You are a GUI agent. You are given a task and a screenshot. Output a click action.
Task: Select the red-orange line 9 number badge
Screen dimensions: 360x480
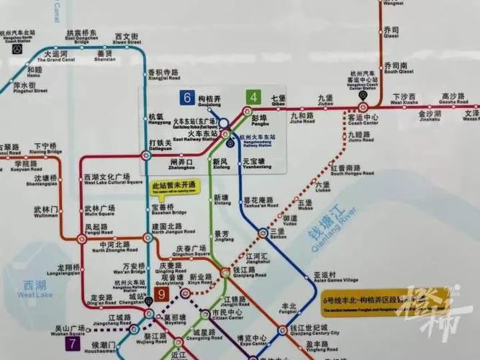[x=163, y=295]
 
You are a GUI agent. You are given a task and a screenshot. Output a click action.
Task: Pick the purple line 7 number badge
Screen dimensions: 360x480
[x=73, y=344]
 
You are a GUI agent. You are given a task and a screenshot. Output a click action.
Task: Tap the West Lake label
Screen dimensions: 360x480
[x=35, y=289]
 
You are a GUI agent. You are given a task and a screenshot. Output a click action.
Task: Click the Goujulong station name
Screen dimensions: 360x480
[x=209, y=102]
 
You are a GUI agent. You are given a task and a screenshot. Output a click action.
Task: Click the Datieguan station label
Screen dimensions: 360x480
[x=160, y=146]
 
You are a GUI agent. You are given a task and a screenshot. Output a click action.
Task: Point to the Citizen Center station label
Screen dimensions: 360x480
[x=227, y=317]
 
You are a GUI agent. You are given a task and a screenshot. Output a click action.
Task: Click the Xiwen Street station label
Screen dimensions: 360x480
[x=127, y=40]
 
